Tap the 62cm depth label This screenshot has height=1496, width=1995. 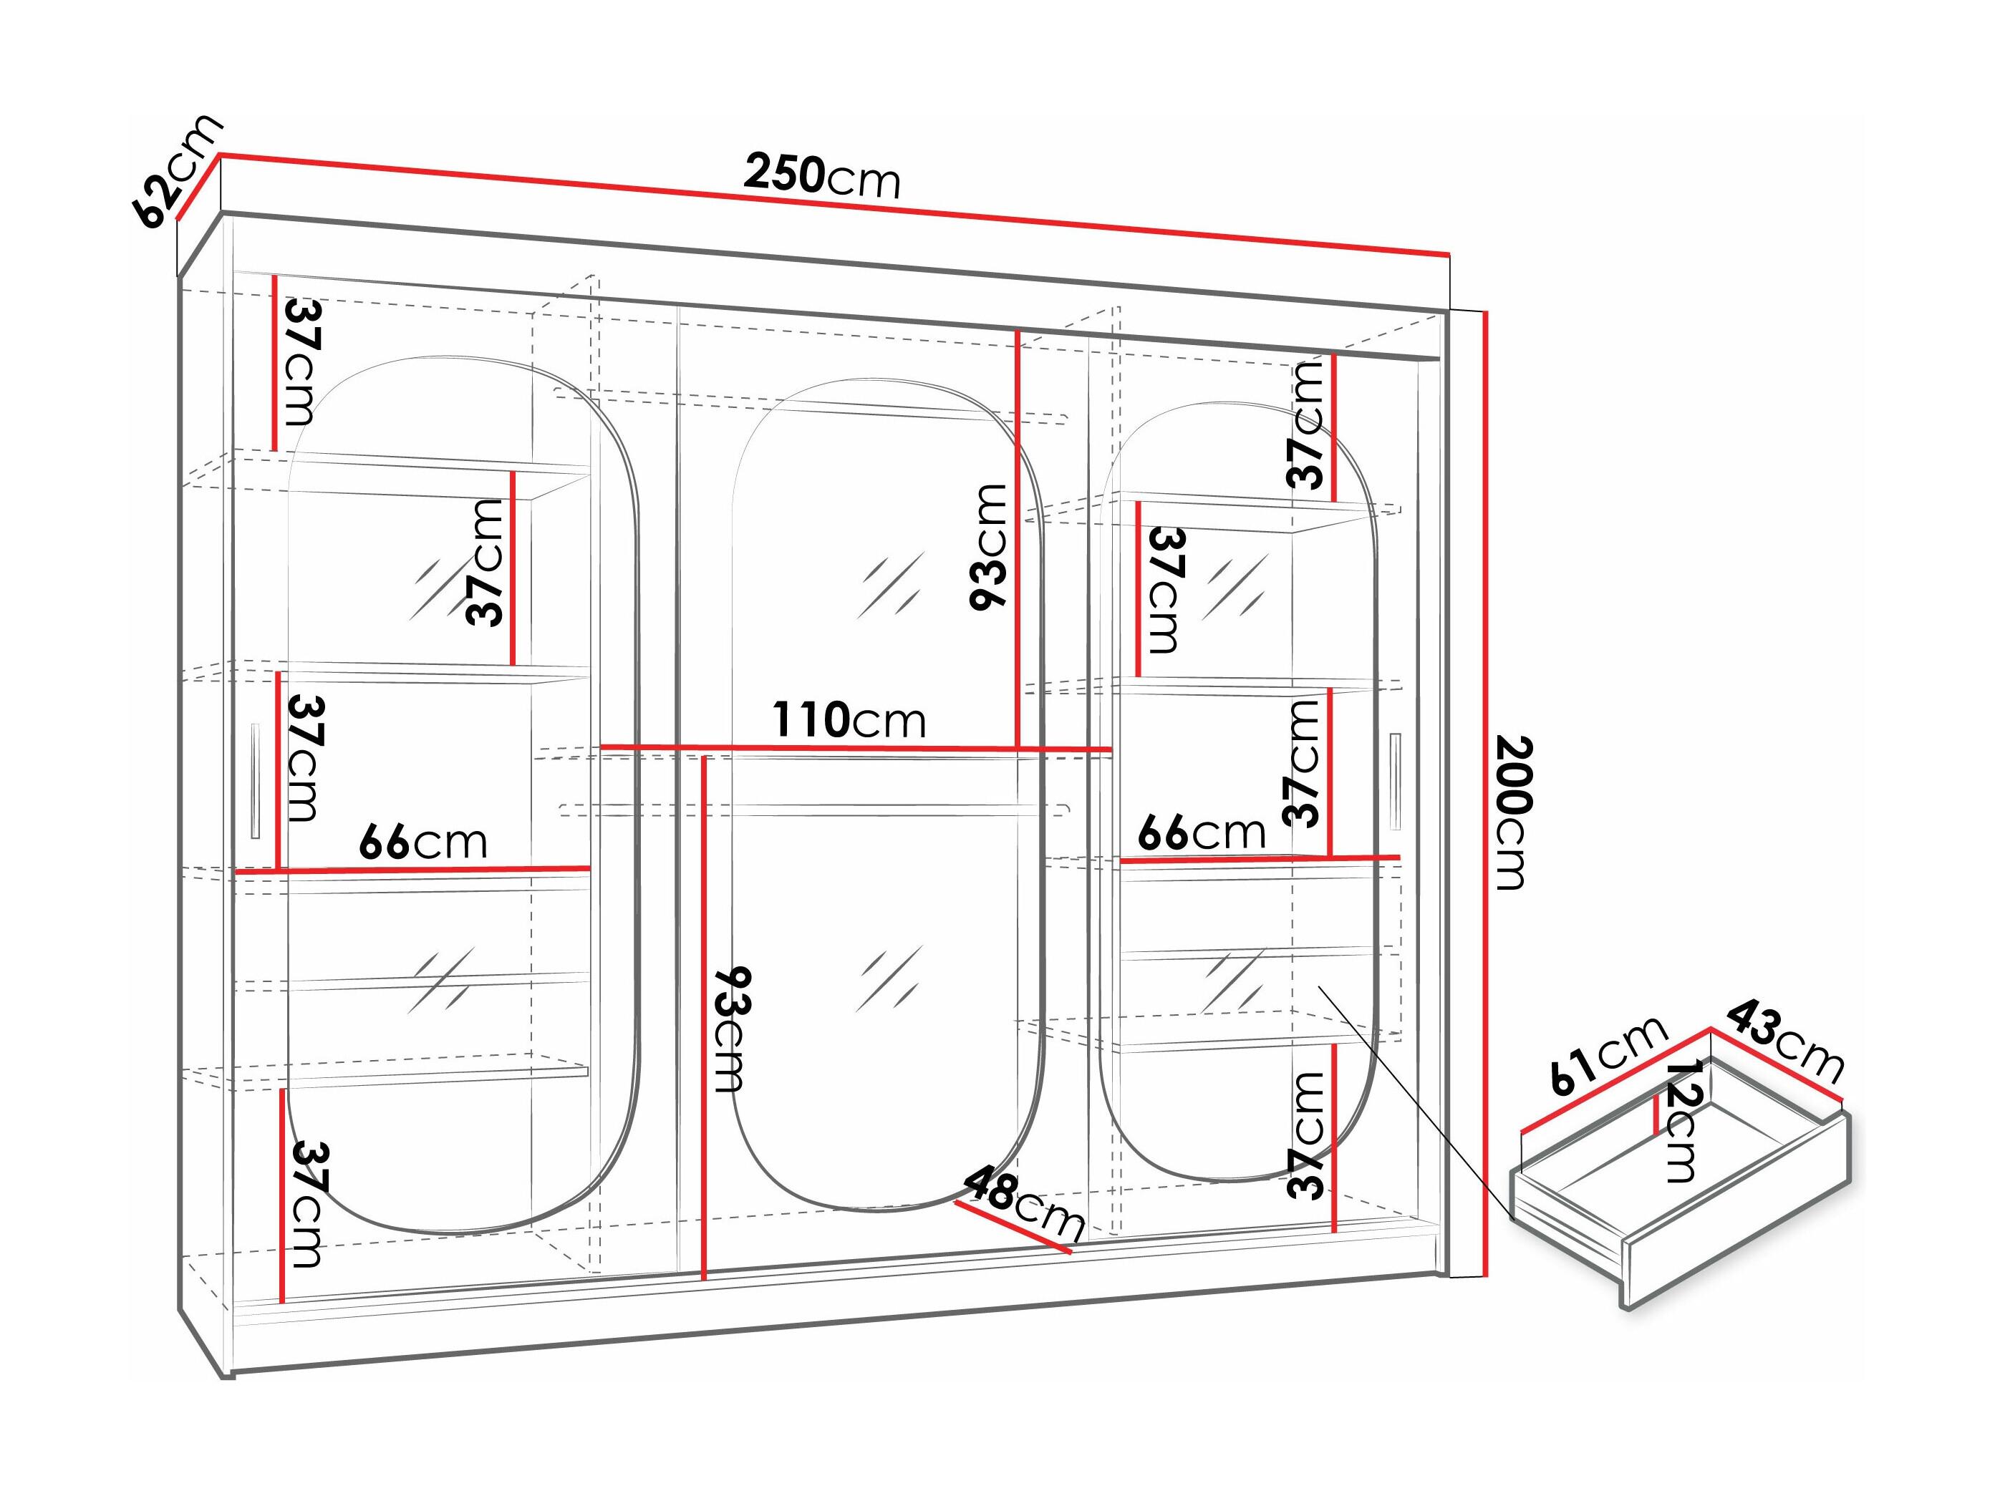coord(178,171)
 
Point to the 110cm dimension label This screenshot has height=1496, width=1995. coord(849,719)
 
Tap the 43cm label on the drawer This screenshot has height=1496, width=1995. coord(1785,1040)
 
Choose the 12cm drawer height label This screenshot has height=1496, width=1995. coord(1680,1120)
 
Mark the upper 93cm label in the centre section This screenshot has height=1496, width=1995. coord(987,546)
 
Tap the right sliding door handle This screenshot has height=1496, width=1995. coord(1396,782)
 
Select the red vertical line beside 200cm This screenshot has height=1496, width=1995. coord(1484,794)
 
